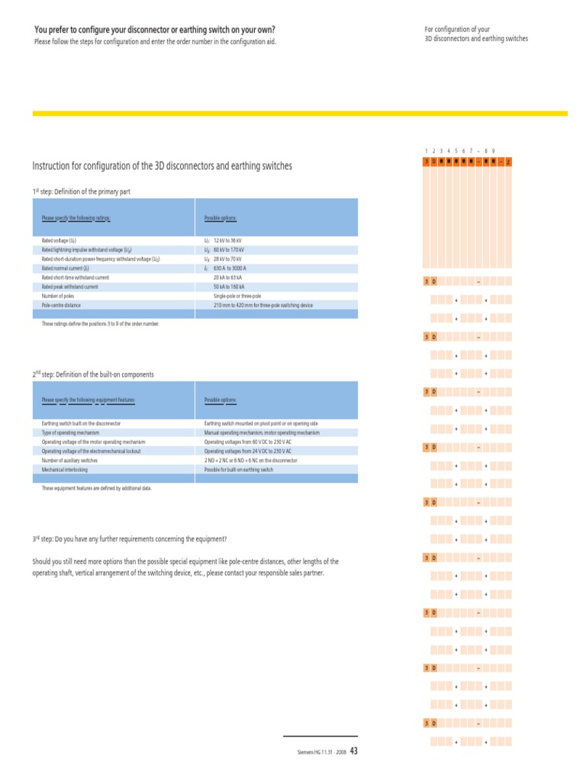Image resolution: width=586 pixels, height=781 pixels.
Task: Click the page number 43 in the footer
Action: click(353, 751)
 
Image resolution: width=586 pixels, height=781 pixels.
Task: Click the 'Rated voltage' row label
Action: click(59, 240)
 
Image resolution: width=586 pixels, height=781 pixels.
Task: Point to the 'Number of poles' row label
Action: click(57, 296)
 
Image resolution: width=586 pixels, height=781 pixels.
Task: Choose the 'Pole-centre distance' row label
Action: click(60, 305)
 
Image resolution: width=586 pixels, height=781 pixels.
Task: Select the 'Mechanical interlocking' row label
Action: click(65, 470)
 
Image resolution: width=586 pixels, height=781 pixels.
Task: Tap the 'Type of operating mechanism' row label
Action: click(70, 432)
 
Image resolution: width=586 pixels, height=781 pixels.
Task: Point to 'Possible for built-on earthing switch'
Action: click(239, 470)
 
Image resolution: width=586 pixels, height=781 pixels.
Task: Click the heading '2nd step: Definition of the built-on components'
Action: click(93, 374)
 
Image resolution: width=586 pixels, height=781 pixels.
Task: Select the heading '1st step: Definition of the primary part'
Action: click(82, 191)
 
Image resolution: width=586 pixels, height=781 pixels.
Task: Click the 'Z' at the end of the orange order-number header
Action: click(508, 162)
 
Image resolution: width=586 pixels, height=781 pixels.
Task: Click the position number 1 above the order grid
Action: click(426, 151)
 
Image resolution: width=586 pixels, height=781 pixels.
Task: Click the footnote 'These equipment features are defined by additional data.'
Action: click(97, 488)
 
